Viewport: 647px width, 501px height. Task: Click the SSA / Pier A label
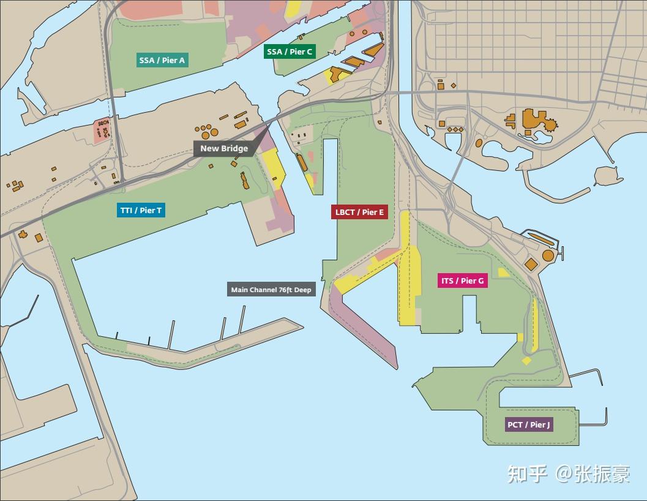click(162, 60)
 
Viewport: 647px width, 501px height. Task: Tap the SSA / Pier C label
click(290, 51)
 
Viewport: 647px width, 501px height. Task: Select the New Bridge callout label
click(224, 148)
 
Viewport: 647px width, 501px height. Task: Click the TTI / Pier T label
click(141, 210)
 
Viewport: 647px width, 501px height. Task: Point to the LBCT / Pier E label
click(359, 212)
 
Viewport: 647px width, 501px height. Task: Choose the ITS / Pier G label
click(462, 281)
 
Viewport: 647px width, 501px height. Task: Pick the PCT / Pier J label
click(529, 424)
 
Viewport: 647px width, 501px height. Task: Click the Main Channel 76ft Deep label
click(271, 290)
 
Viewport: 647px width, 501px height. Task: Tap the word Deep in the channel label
click(303, 290)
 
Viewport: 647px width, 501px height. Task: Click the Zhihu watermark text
click(568, 473)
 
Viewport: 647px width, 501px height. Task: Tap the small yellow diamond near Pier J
click(526, 360)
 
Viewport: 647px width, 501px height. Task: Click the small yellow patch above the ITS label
click(504, 273)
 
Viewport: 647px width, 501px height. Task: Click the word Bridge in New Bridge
click(235, 148)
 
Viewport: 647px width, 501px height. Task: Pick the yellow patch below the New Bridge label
click(273, 168)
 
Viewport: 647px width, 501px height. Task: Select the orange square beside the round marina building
click(531, 264)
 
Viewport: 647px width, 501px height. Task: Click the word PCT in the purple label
click(515, 424)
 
